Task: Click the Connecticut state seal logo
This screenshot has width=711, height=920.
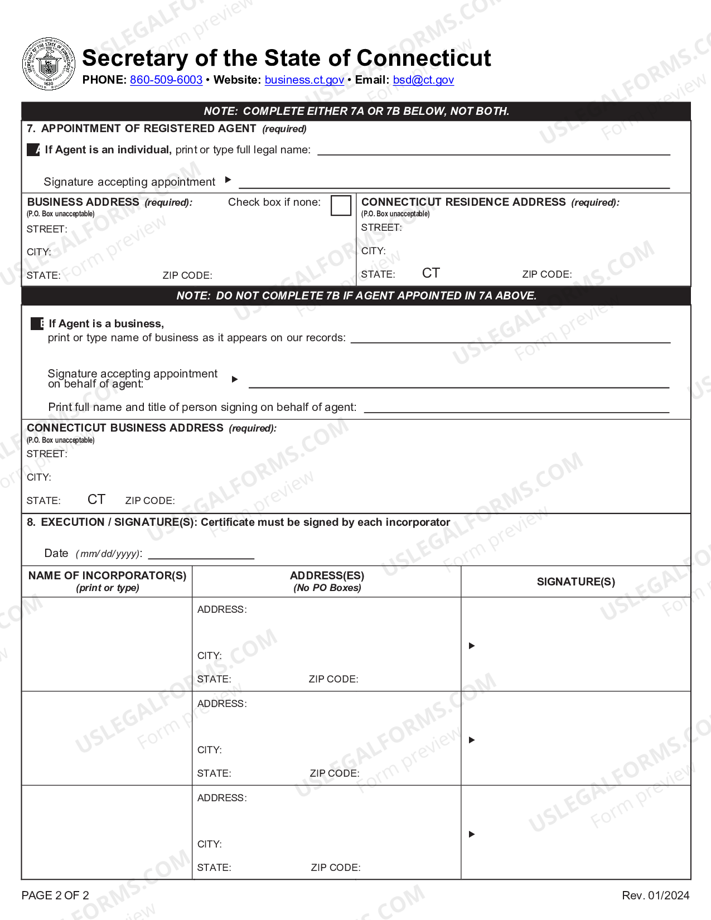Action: click(49, 64)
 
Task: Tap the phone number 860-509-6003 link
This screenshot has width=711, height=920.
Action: click(166, 80)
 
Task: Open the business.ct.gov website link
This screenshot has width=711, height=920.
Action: click(304, 80)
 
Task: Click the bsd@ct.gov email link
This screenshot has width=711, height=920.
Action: click(423, 80)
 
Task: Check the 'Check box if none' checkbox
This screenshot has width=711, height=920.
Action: click(341, 205)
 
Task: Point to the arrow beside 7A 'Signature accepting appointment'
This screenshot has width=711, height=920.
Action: click(228, 180)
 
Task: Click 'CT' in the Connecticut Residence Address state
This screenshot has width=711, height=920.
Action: click(431, 273)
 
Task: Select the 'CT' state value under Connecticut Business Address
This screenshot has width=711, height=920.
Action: click(96, 499)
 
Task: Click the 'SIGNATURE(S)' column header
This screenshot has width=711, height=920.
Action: click(575, 582)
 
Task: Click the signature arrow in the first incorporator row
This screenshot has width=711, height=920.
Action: click(472, 646)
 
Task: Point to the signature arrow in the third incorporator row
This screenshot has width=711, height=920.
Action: click(472, 834)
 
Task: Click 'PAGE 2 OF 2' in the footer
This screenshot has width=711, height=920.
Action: click(55, 895)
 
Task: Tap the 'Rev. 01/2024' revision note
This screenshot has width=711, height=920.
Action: click(655, 895)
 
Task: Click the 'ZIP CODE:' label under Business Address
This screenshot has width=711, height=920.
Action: click(187, 275)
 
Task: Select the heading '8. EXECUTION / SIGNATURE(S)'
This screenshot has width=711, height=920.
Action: click(112, 522)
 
